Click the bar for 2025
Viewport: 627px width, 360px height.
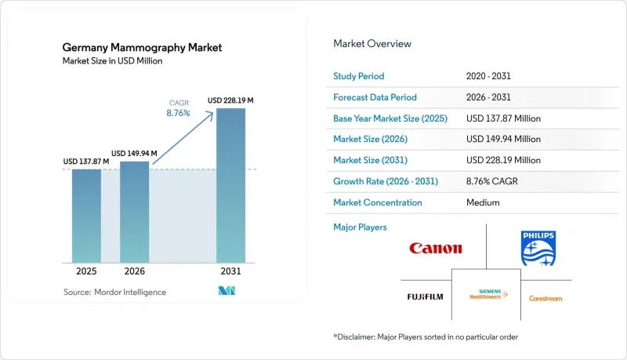(86, 216)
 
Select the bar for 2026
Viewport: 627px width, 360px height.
(134, 212)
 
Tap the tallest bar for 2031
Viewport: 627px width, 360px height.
(230, 186)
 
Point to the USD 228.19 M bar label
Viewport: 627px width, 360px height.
(230, 100)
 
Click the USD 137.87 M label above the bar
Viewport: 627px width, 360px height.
(86, 162)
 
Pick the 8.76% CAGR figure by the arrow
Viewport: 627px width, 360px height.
(178, 113)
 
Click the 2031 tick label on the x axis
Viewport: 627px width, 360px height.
(230, 271)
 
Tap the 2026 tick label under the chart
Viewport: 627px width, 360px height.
(134, 271)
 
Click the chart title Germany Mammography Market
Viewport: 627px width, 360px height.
(142, 48)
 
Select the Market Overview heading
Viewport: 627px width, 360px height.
(372, 44)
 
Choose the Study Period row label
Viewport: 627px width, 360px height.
(359, 76)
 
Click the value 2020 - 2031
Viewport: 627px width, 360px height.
(488, 76)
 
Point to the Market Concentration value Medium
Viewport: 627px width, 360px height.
(483, 202)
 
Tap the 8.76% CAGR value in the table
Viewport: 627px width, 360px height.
(492, 181)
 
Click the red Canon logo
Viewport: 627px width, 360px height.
(436, 248)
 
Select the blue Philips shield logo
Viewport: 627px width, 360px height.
(538, 249)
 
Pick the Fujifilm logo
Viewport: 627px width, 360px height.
(425, 296)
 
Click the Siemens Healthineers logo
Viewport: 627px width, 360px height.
(488, 294)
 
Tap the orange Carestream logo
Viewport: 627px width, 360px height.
(545, 298)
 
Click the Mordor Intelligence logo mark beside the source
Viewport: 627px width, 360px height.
(227, 291)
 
